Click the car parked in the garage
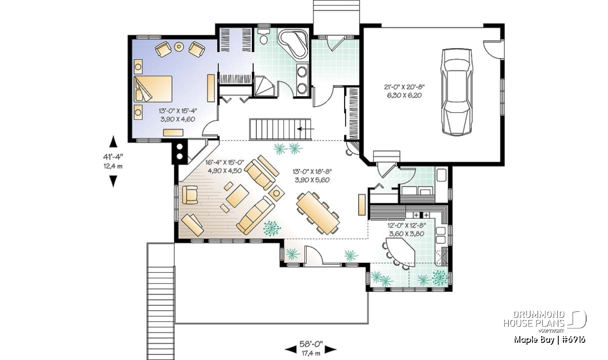pyautogui.click(x=457, y=92)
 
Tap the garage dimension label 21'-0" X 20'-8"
pyautogui.click(x=404, y=87)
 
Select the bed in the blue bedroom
pyautogui.click(x=153, y=89)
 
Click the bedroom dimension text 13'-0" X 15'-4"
pyautogui.click(x=178, y=111)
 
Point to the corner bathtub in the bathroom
pyautogui.click(x=294, y=44)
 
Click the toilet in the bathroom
pyautogui.click(x=263, y=37)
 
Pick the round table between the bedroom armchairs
pyautogui.click(x=179, y=47)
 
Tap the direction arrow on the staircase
pyautogui.click(x=306, y=129)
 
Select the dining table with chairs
pyautogui.click(x=318, y=213)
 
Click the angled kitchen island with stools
pyautogui.click(x=400, y=252)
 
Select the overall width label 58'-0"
pyautogui.click(x=311, y=344)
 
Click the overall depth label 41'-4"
pyautogui.click(x=113, y=156)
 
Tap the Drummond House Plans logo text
pyautogui.click(x=534, y=319)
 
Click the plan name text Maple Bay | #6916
pyautogui.click(x=549, y=340)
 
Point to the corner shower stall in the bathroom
pyautogui.click(x=264, y=86)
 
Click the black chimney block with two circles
pyautogui.click(x=180, y=152)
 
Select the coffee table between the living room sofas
pyautogui.click(x=237, y=196)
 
